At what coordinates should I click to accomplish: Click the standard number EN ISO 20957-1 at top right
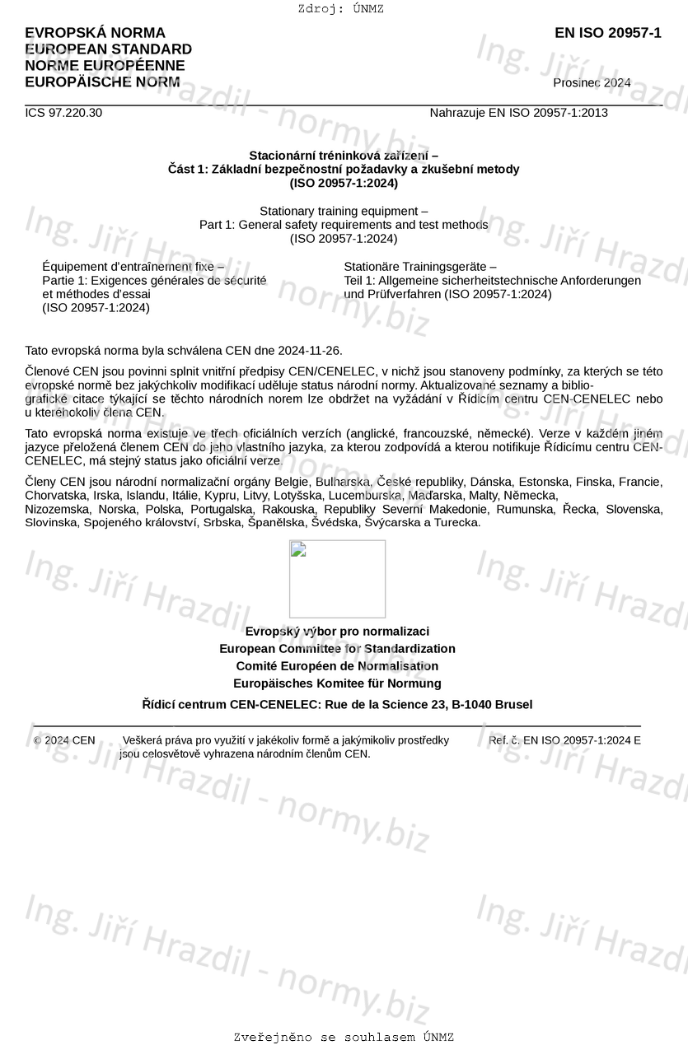tap(607, 34)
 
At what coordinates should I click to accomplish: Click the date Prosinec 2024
tap(592, 83)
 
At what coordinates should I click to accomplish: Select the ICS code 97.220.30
tap(63, 113)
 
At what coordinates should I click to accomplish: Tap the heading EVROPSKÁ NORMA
tap(95, 33)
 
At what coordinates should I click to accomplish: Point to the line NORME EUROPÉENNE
tap(105, 66)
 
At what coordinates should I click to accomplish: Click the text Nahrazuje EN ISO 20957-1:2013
tap(518, 113)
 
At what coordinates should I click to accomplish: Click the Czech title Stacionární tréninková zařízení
tap(344, 155)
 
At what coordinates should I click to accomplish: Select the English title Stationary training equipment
tap(344, 211)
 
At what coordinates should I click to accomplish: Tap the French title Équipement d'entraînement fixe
tap(133, 266)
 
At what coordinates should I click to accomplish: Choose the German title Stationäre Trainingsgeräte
tap(420, 266)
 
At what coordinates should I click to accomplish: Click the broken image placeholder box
tap(337, 579)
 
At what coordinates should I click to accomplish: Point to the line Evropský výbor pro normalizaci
tap(337, 632)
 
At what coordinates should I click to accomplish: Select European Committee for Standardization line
tap(337, 649)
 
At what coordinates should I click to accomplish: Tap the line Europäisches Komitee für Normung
tap(337, 683)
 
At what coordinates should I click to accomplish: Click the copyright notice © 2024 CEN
tap(64, 740)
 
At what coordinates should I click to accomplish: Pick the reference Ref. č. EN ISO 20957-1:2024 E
tap(564, 740)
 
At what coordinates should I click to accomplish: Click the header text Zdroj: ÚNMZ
tap(341, 9)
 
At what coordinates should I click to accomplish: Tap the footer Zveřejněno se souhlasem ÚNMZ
tap(344, 1038)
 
